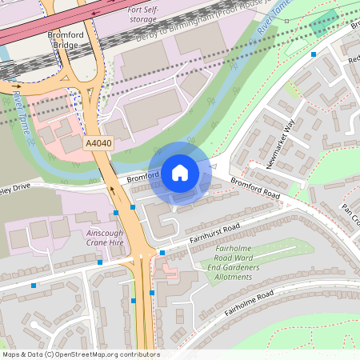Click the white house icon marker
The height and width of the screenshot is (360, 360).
tap(179, 172)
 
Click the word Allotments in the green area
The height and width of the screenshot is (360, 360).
tap(230, 278)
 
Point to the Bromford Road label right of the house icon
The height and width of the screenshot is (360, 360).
tap(256, 188)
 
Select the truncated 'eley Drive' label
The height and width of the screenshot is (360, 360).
tap(16, 190)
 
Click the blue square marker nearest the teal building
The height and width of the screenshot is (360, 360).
tap(314, 54)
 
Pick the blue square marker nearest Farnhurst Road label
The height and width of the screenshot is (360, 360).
tap(162, 253)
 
